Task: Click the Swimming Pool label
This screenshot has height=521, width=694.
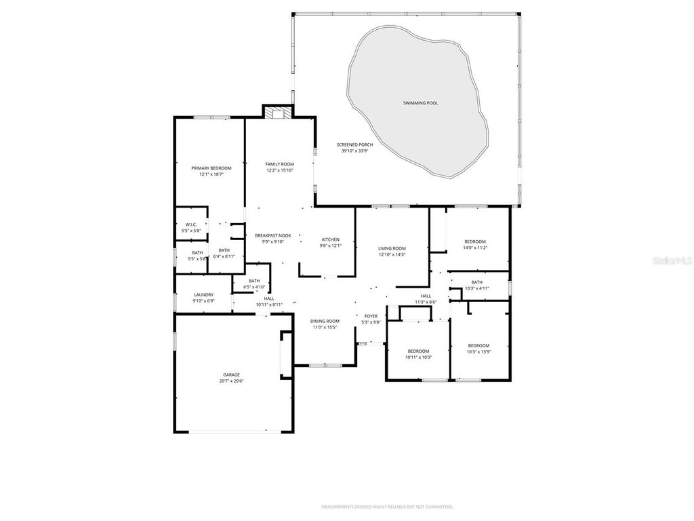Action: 420,103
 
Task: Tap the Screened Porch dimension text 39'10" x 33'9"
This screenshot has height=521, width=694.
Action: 354,151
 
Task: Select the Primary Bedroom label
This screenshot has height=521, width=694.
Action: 211,168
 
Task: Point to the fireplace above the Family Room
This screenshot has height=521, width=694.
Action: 277,113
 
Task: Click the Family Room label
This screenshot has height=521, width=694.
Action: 279,164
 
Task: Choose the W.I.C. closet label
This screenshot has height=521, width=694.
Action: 191,225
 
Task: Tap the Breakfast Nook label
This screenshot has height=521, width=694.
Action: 273,235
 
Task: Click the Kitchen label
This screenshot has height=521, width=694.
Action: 330,239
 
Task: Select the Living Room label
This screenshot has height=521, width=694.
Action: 392,248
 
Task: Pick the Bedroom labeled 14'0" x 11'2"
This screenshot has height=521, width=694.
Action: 474,242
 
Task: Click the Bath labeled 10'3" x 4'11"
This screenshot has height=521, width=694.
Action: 477,282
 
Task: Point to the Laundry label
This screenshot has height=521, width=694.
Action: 203,294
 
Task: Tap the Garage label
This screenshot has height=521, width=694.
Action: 232,374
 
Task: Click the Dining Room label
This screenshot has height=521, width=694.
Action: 325,321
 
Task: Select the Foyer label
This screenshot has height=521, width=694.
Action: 371,316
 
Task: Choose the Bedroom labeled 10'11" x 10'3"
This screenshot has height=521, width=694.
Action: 418,351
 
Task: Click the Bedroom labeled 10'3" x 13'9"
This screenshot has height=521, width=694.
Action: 478,345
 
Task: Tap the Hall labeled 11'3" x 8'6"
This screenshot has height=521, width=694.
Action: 426,296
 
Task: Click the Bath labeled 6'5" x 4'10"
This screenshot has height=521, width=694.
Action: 254,281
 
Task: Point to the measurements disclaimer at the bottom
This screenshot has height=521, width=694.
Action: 387,507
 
